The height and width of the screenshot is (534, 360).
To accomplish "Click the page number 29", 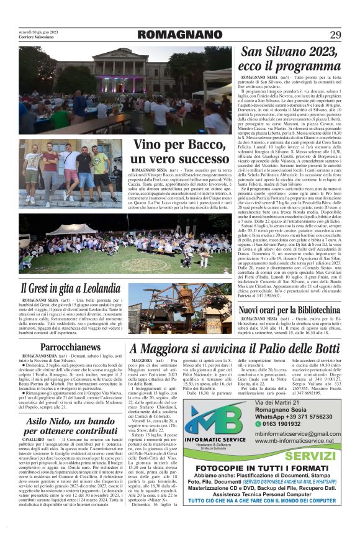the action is point(335,34).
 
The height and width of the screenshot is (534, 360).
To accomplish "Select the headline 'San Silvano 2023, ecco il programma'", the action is point(290,59).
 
